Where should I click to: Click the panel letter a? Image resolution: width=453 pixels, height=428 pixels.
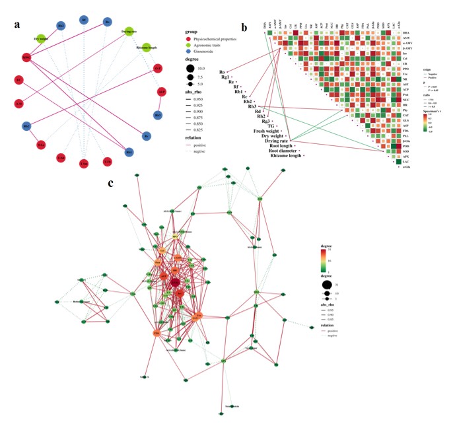[18, 26]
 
